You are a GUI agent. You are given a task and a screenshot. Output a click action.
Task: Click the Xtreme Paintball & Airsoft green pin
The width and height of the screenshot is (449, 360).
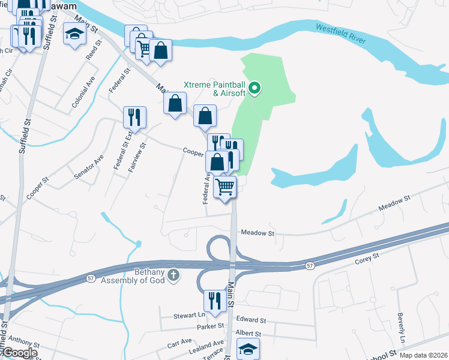click(255, 89)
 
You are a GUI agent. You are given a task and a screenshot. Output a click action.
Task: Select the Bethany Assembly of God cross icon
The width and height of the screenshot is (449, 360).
click(173, 274)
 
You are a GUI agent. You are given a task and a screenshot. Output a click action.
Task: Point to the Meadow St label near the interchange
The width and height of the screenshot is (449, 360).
click(257, 233)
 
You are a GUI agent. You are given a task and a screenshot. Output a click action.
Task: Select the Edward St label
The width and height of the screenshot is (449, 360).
click(251, 320)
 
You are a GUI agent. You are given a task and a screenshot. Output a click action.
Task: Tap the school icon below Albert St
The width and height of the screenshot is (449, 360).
click(247, 349)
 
